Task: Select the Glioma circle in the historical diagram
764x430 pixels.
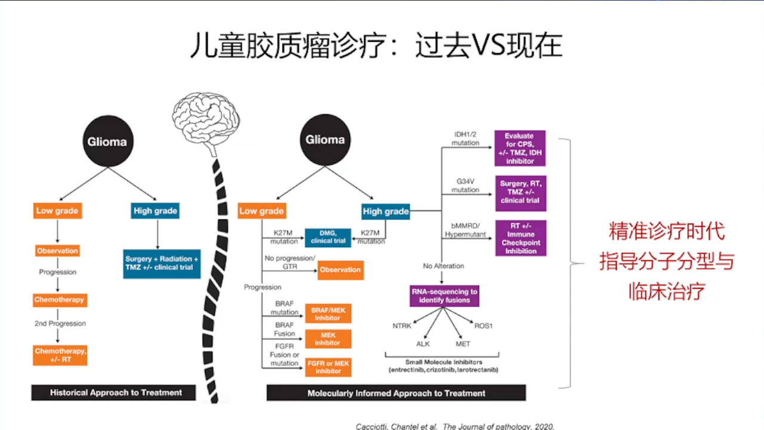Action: click(x=107, y=142)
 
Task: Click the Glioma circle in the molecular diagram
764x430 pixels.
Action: click(x=325, y=140)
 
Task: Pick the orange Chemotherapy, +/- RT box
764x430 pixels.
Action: click(x=60, y=355)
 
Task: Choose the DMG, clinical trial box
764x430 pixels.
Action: click(x=328, y=237)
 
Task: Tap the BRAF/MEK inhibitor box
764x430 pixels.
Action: click(x=328, y=314)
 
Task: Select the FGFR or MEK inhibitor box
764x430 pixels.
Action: click(x=328, y=367)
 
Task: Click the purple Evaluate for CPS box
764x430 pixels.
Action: click(x=519, y=148)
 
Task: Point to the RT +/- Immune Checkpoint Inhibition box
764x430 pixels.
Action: click(x=520, y=238)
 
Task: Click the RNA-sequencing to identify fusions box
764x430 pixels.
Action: click(x=444, y=296)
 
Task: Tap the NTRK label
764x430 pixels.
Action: click(x=402, y=325)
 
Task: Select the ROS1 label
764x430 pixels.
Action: click(x=483, y=325)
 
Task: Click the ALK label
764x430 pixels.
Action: click(x=423, y=344)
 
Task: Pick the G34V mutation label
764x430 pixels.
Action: click(x=465, y=185)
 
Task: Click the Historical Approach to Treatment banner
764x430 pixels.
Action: click(x=115, y=392)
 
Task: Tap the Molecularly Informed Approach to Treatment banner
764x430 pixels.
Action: click(x=396, y=393)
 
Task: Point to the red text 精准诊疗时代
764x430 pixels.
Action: click(x=666, y=231)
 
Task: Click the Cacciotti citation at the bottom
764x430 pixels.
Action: click(x=455, y=426)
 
